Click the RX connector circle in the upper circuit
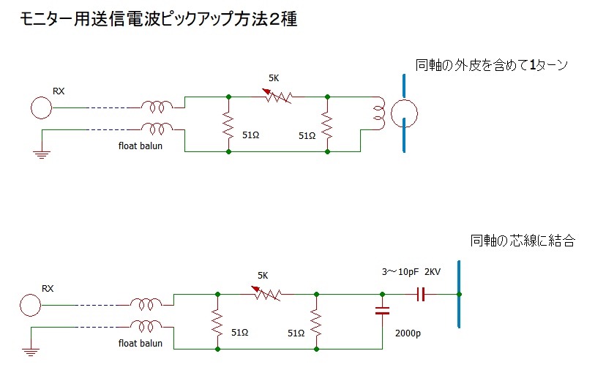(x=42, y=108)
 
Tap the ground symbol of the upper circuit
(x=42, y=153)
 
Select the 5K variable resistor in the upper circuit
(x=278, y=96)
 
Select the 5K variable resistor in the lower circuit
(x=267, y=294)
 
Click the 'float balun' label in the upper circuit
(x=141, y=145)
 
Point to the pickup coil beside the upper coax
(x=378, y=113)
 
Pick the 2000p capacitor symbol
(x=382, y=311)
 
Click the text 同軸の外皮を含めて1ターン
(x=492, y=65)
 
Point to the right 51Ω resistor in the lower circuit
(x=316, y=322)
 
